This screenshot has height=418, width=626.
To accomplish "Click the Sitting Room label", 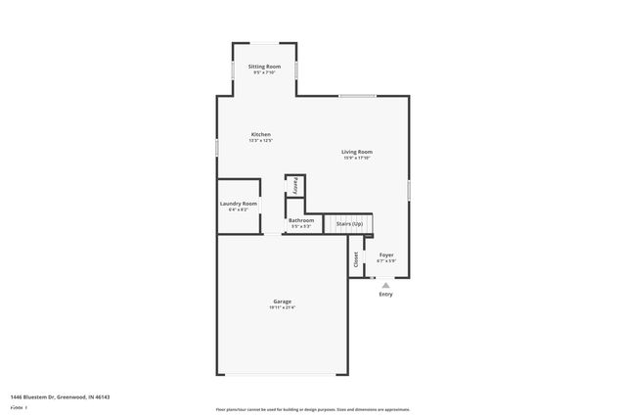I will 264,66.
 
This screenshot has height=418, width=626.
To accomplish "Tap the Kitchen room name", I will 260,134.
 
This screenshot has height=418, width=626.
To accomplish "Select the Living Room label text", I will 356,152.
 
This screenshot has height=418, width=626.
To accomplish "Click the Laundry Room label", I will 239,204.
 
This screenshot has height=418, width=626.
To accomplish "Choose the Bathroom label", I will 301,220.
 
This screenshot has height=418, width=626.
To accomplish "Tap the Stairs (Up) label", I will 349,224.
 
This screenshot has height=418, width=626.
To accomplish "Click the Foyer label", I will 385,255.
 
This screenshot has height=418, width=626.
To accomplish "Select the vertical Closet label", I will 355,259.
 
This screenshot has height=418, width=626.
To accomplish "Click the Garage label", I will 282,302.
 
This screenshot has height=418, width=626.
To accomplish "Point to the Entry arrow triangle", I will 385,285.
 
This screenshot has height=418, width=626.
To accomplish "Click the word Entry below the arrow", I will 385,294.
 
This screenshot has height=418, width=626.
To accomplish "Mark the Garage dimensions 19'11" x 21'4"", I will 282,307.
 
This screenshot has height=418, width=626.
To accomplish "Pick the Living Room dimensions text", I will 356,158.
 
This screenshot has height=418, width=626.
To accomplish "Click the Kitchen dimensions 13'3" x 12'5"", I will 260,140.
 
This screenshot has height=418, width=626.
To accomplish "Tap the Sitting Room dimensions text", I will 264,71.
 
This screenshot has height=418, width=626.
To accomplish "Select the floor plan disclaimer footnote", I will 312,408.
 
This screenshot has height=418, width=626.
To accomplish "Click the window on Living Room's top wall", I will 357,95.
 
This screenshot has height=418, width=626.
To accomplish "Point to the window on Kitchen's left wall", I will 217,146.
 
